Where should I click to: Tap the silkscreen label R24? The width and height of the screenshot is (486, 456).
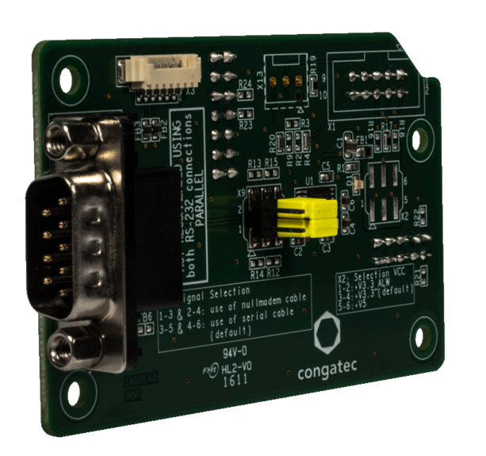(x=244, y=83)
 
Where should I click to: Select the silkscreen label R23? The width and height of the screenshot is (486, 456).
(x=245, y=125)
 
